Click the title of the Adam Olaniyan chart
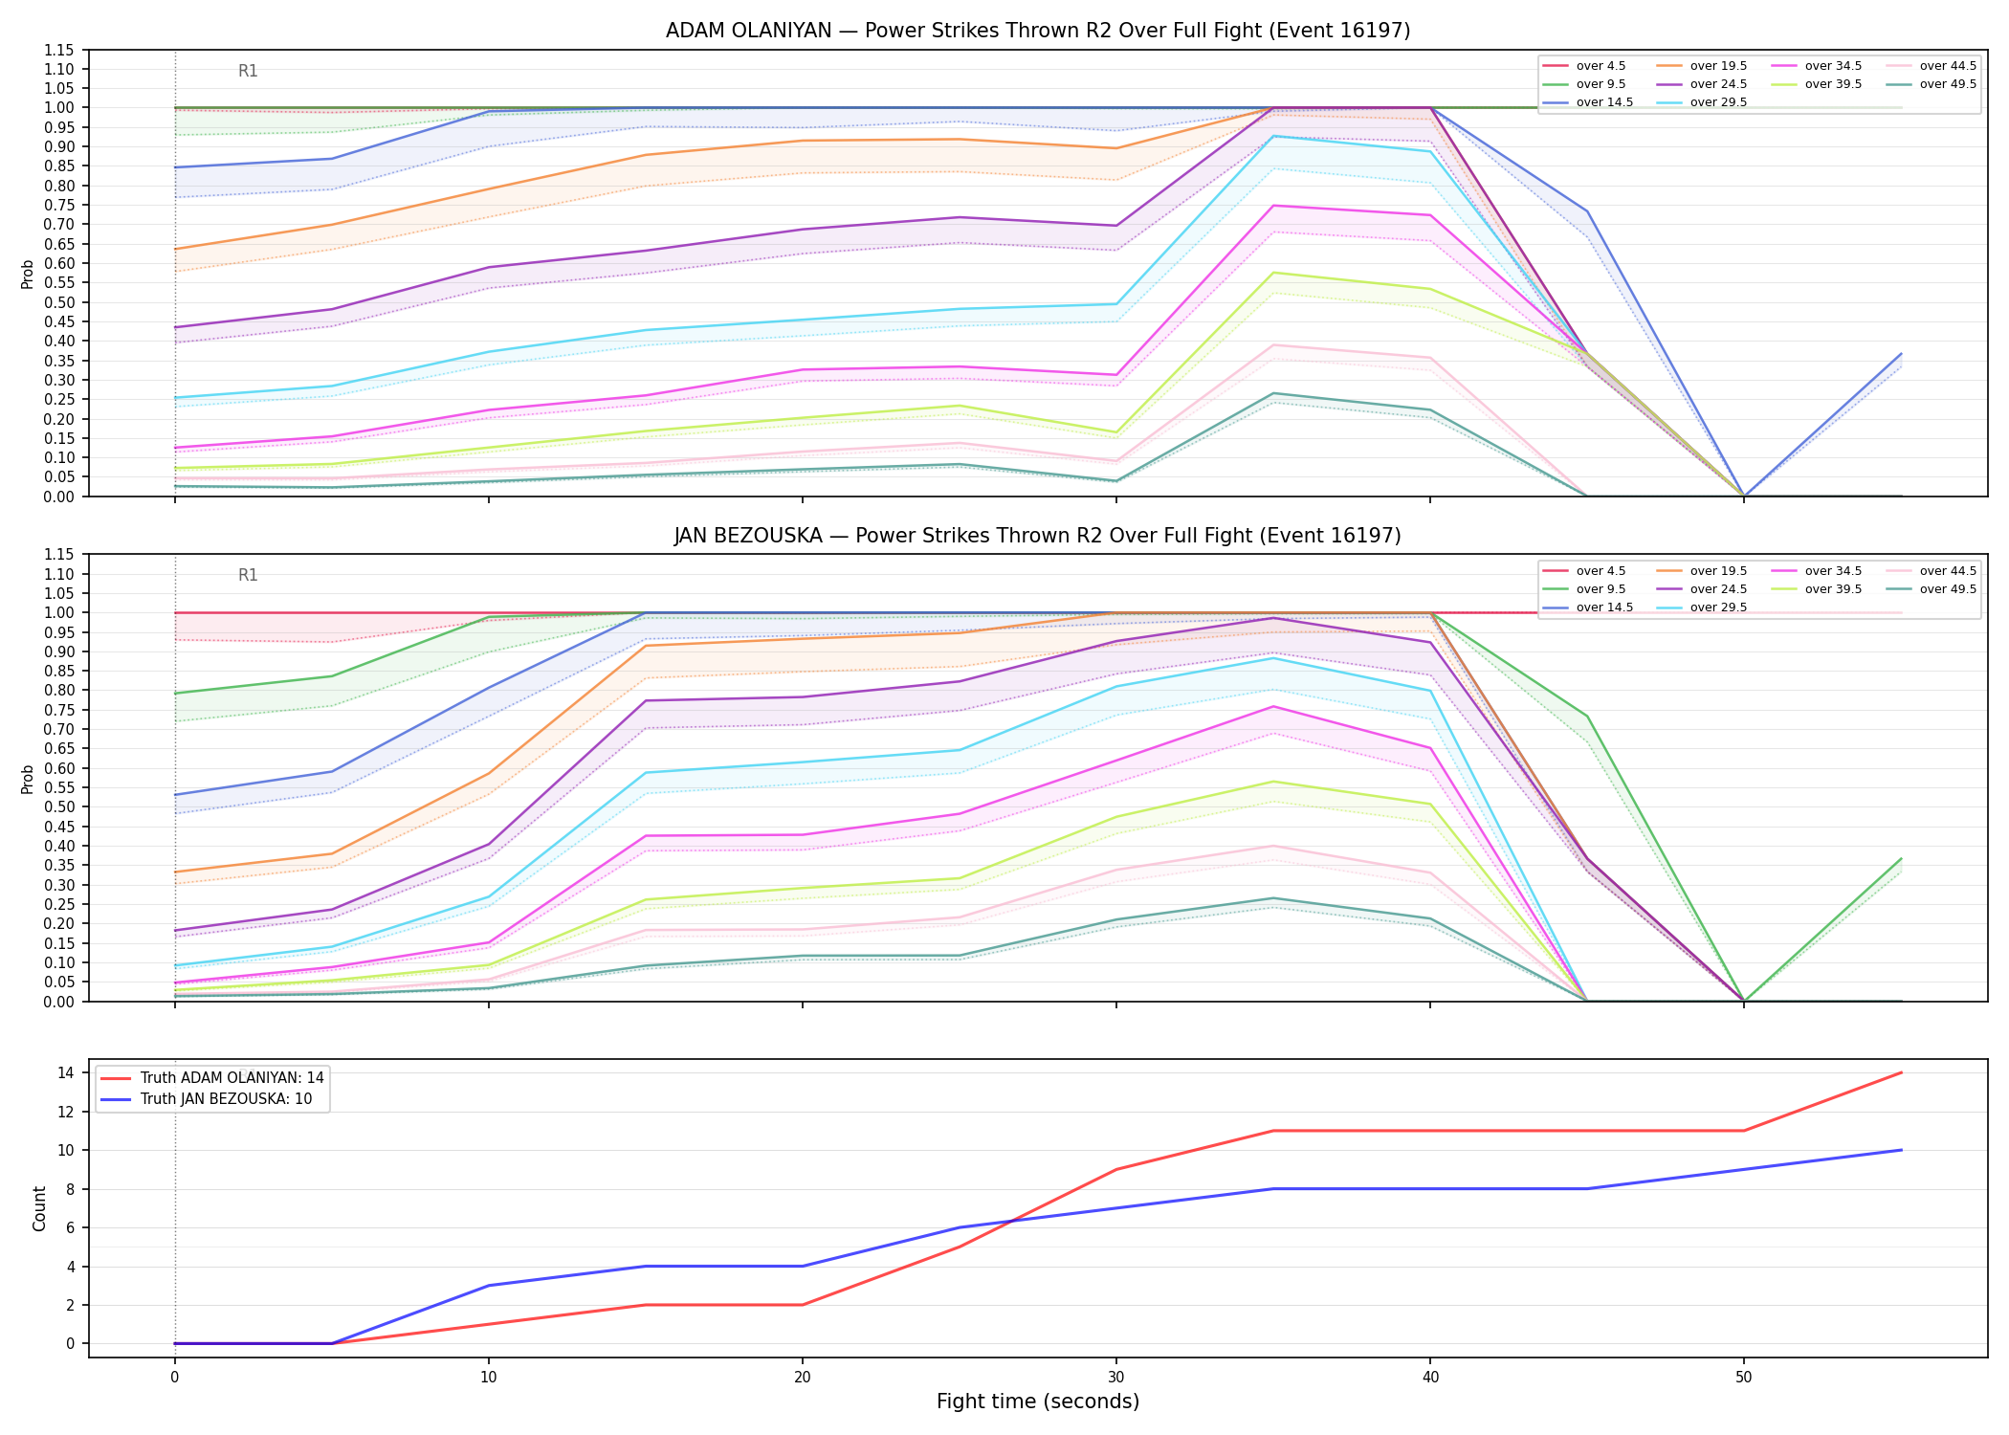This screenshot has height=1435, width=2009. coord(1038,31)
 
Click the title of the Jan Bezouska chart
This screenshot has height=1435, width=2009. coord(1038,536)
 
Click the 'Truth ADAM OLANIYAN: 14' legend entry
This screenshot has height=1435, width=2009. coord(212,1078)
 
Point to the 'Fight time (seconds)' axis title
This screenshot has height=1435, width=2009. coord(1038,1402)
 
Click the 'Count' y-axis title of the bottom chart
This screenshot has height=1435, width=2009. coord(39,1208)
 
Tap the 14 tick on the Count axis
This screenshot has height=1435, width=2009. coord(66,1073)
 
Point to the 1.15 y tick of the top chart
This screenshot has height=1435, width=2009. coord(59,50)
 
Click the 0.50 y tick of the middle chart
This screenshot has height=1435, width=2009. coord(59,806)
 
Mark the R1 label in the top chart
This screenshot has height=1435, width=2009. coord(248,71)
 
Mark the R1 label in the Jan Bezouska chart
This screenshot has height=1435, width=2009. coord(248,575)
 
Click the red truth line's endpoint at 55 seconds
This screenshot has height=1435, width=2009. coord(1901,1072)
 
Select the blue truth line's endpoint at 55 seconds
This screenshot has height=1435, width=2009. coord(1901,1150)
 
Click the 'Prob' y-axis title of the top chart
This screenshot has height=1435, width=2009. coord(28,274)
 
